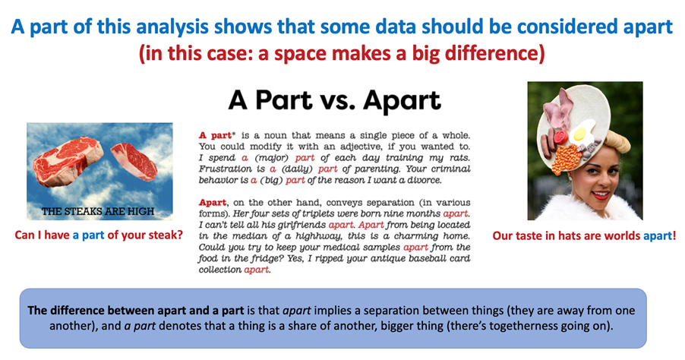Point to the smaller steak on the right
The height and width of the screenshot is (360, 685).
pos(134,161)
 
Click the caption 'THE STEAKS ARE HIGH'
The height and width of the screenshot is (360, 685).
pos(98,211)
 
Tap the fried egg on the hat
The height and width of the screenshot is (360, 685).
pos(582,131)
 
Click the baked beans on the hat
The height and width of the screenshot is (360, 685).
pos(567,159)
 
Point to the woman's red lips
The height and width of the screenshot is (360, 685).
pos(601,194)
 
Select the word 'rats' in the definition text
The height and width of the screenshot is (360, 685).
pos(460,158)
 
